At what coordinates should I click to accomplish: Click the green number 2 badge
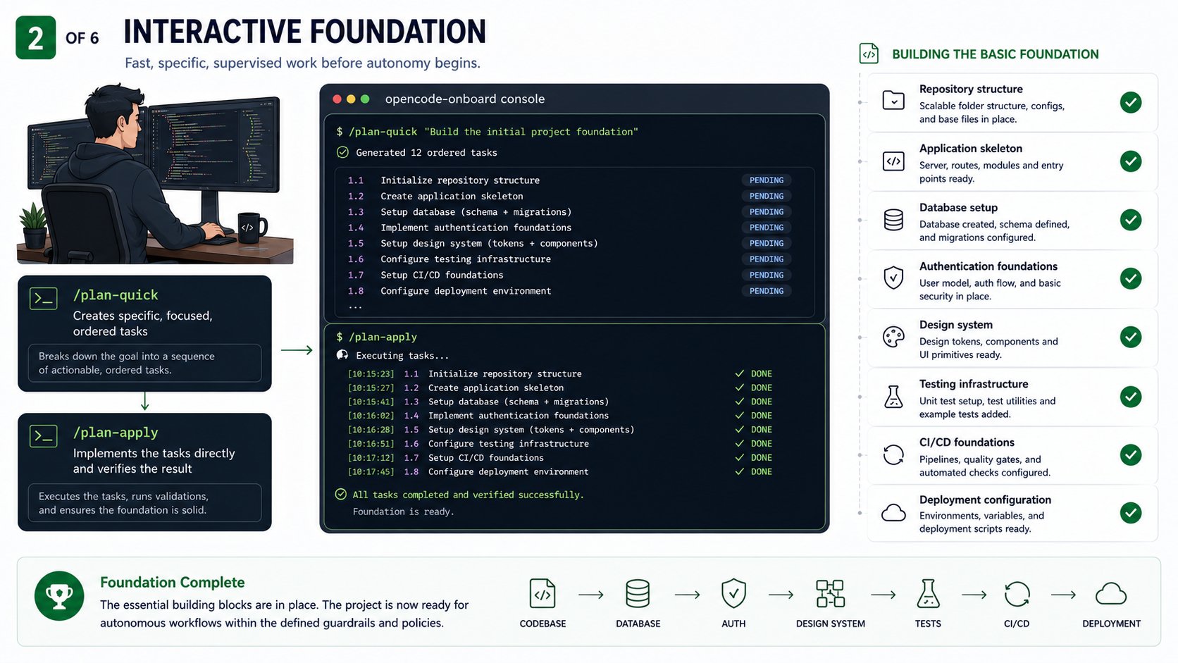click(36, 37)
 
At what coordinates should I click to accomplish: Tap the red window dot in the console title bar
click(337, 99)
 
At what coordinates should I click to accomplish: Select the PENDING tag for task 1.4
click(767, 228)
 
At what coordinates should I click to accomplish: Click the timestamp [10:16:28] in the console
click(371, 430)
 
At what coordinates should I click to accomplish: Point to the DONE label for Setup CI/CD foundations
click(761, 458)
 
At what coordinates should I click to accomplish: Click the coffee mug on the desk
click(252, 227)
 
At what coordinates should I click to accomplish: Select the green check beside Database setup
click(1131, 220)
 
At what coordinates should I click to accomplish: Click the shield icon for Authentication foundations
click(893, 278)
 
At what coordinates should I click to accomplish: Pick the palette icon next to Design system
click(893, 337)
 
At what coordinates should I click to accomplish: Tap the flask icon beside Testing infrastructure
click(893, 397)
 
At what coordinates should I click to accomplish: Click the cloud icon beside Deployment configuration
click(893, 513)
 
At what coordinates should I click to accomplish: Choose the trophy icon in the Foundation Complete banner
click(59, 596)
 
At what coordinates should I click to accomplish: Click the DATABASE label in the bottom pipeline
click(638, 624)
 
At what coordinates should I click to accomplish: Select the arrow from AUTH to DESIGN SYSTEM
click(781, 595)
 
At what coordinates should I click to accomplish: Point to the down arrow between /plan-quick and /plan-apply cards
click(144, 401)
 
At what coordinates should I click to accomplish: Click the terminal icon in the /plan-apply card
click(44, 436)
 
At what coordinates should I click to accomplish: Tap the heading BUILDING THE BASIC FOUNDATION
click(996, 54)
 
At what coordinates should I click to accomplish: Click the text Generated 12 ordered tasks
click(426, 152)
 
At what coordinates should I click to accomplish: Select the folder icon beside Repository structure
click(893, 101)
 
